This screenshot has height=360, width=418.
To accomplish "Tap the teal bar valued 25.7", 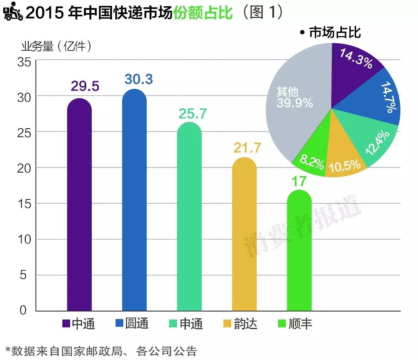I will pos(189,217).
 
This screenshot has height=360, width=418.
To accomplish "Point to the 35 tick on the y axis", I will pos(24,62).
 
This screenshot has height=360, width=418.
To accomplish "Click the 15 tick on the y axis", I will pos(24,204).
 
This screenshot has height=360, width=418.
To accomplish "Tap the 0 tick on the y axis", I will pos(23,310).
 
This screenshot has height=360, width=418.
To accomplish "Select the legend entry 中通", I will pos(79,323).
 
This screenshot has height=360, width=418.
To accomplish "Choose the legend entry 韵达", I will pos(240,323).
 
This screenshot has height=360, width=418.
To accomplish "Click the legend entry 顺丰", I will pos(295,323).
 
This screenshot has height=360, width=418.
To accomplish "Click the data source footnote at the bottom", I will pos(101,351).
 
